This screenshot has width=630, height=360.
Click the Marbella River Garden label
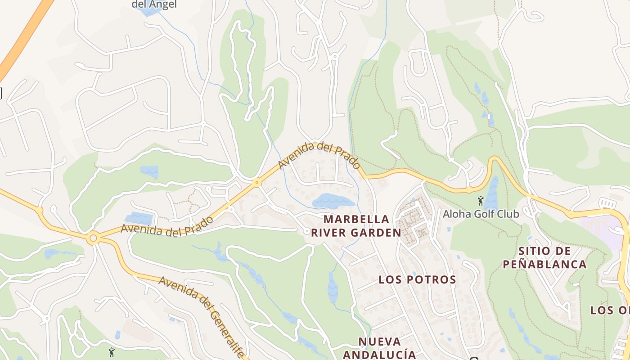click(362, 226)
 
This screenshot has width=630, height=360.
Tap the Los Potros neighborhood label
click(417, 279)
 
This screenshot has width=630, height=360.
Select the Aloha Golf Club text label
click(481, 214)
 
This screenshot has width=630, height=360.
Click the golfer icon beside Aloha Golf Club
click(481, 201)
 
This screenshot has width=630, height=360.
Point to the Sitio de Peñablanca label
click(544, 257)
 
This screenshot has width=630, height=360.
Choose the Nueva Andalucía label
click(380, 347)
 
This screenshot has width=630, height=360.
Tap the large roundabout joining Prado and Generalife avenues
click(93, 238)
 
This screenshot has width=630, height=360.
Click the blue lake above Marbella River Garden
click(333, 201)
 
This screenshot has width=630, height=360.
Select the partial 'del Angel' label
click(154, 5)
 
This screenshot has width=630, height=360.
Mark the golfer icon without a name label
click(112, 352)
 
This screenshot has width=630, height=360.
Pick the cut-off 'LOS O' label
click(609, 310)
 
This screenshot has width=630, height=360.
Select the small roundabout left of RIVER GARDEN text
click(307, 231)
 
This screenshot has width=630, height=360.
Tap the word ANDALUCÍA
click(380, 354)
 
